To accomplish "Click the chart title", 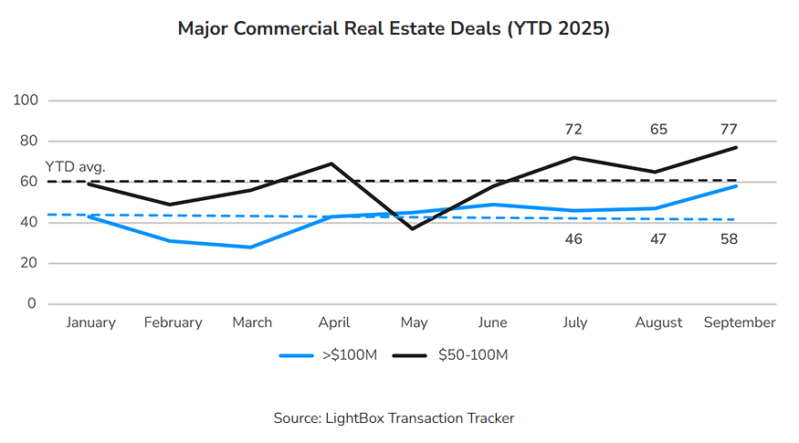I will (x=394, y=29).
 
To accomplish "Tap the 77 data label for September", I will (x=728, y=129).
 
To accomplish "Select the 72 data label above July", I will (x=573, y=129).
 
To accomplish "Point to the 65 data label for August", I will (x=658, y=129).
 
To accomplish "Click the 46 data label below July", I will (x=573, y=239).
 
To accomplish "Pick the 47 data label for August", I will (x=658, y=239).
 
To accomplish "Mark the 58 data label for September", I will (x=728, y=239).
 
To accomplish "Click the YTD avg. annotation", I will (x=76, y=167).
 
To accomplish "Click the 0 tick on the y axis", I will (x=31, y=304).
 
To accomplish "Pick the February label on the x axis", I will (x=173, y=322).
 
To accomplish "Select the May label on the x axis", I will (x=414, y=322).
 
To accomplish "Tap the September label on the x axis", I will (x=740, y=322).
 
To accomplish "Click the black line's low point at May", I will (x=413, y=228).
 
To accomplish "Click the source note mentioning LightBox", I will (x=394, y=418).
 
